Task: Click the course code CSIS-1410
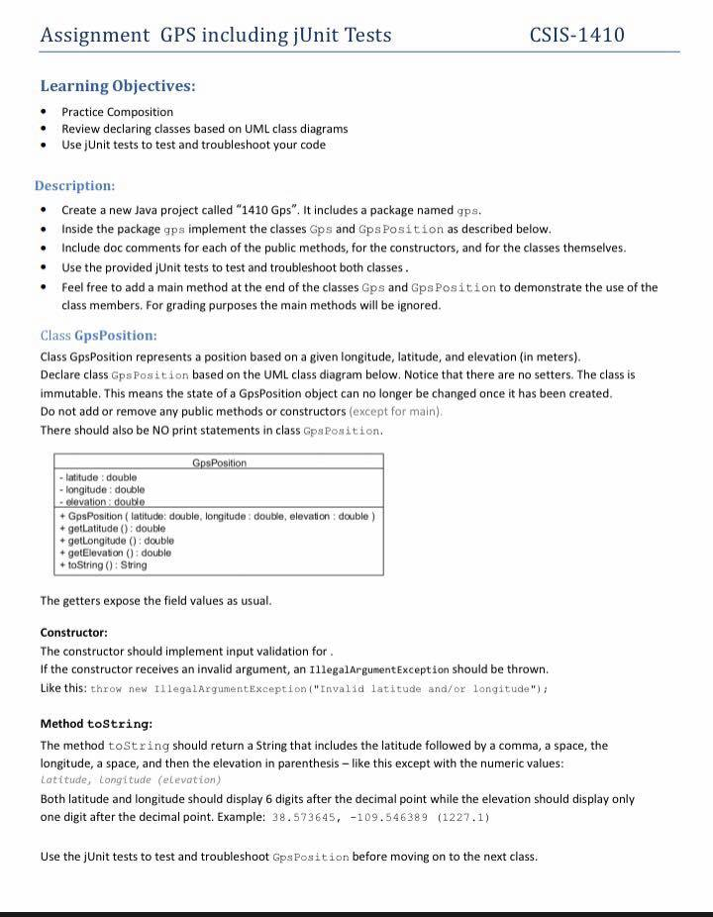(x=577, y=36)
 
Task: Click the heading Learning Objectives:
(x=118, y=85)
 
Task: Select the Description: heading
(x=75, y=185)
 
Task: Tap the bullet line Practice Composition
(x=117, y=112)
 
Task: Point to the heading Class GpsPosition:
(x=99, y=336)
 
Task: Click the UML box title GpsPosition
(x=219, y=463)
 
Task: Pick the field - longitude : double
(x=103, y=489)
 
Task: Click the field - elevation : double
(x=102, y=502)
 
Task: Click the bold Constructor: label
(x=74, y=632)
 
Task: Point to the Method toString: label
(x=96, y=724)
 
